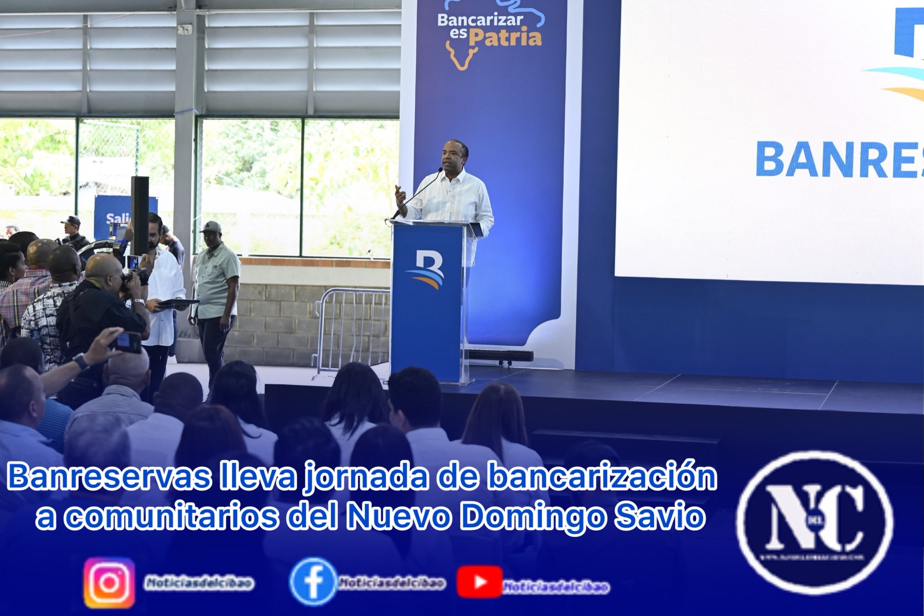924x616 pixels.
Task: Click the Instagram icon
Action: click(109, 583)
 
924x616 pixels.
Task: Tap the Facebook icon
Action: click(313, 582)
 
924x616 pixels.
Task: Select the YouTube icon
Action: click(479, 582)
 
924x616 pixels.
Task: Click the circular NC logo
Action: click(815, 522)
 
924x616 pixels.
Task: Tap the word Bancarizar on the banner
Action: click(480, 20)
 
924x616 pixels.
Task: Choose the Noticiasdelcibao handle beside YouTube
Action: click(556, 587)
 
